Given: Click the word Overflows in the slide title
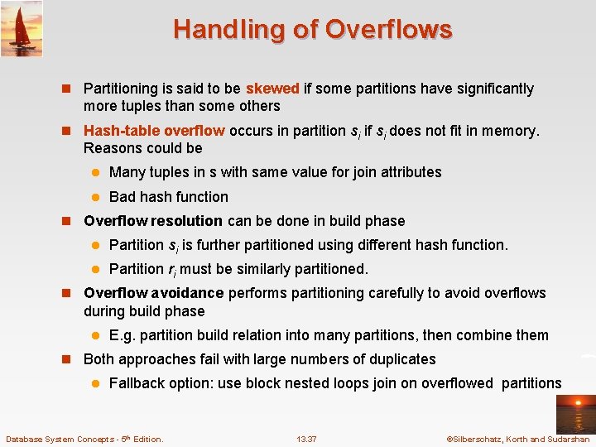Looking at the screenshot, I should point(388,30).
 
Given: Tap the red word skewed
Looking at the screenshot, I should point(273,89).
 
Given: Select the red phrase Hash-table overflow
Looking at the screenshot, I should point(154,131).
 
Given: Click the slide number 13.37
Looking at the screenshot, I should point(306,439).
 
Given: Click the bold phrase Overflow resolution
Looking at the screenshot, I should point(153,221).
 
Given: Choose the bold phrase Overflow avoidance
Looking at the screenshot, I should point(154,293).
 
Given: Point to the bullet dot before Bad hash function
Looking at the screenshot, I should point(95,197).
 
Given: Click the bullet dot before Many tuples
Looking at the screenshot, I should point(95,172).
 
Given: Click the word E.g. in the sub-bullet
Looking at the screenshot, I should point(123,335).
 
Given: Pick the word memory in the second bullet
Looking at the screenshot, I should point(512,131).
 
